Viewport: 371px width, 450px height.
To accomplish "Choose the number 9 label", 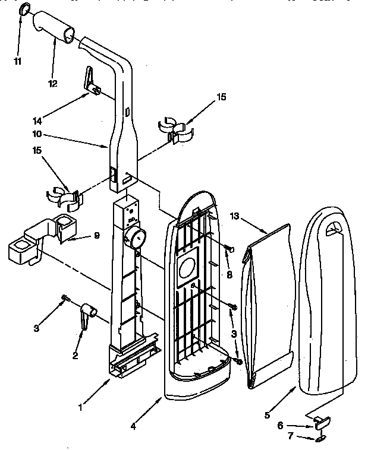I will tap(96, 236).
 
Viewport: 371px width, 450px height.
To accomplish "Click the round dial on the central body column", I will tap(136, 239).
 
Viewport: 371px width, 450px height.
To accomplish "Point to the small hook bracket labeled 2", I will tap(87, 313).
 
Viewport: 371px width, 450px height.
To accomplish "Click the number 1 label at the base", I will tap(81, 407).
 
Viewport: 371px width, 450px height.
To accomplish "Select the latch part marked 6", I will tap(321, 423).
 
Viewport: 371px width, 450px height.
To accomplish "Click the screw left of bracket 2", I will tap(65, 298).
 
